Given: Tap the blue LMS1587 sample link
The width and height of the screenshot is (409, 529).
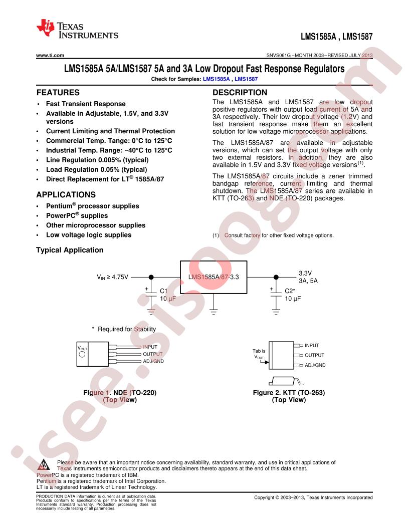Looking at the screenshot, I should pos(246,79).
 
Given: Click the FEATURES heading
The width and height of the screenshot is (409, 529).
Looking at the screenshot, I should pos(58,93).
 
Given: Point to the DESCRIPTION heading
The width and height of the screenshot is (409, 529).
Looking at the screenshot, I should pos(240,93).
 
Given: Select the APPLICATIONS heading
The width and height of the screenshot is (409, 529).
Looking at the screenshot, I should pos(66,194).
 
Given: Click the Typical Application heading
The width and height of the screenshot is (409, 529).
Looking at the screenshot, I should pos(70,250).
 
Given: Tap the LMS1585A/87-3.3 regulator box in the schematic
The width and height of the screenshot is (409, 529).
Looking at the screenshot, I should pos(214,277).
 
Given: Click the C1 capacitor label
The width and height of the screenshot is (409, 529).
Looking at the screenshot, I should pos(163,291).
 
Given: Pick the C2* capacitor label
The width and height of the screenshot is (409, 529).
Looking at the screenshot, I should pos(290,291).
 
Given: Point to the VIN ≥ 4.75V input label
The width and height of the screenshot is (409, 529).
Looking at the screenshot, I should pos(112,277).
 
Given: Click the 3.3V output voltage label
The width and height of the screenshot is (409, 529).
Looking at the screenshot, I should pos(305,273).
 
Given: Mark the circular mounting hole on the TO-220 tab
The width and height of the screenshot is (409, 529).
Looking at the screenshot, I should pos(82,354).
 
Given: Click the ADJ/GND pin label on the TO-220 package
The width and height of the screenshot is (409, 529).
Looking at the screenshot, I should pos(153,361).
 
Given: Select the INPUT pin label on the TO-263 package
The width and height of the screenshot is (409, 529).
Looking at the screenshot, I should pos(312,345).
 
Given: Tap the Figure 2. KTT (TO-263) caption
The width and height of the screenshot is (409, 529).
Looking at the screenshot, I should pos(289,393).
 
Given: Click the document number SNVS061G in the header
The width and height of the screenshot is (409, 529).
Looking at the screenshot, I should pos(279,56).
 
